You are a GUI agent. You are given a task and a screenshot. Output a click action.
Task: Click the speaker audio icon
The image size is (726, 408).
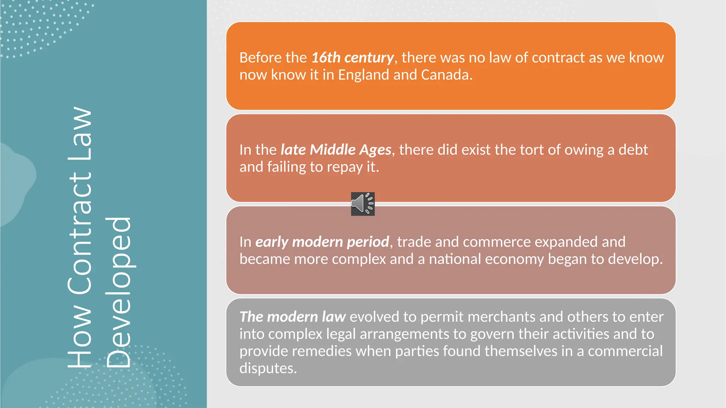[x=363, y=204]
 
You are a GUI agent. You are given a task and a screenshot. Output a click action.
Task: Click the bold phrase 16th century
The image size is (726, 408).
[x=352, y=57]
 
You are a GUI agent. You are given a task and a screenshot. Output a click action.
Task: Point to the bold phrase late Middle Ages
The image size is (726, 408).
[x=336, y=149]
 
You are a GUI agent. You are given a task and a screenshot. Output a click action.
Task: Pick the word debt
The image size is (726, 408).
[x=633, y=149]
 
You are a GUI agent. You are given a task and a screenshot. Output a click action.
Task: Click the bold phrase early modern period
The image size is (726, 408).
[x=322, y=242]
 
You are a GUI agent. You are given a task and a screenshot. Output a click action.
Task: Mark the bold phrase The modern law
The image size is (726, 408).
[x=292, y=317]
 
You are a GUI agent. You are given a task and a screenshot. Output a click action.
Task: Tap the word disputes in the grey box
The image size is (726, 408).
[x=268, y=368]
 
